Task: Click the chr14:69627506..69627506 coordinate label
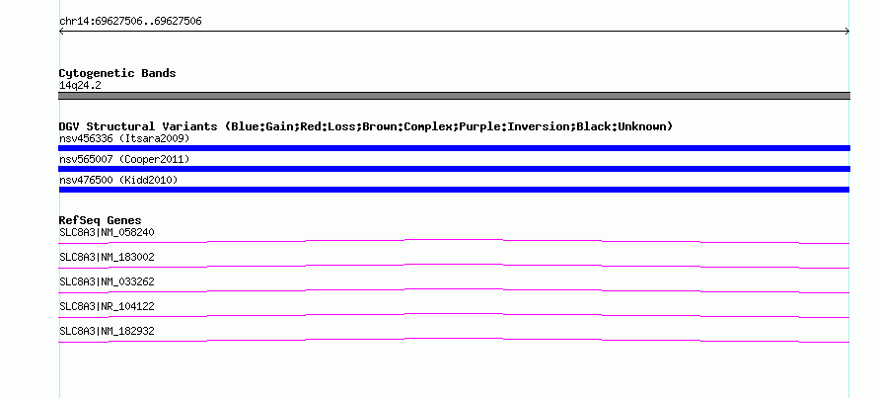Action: click(130, 22)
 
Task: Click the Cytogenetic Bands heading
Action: click(117, 73)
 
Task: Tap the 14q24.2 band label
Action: click(80, 86)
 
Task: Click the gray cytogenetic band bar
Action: click(454, 96)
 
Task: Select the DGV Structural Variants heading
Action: click(366, 126)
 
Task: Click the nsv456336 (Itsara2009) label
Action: click(124, 138)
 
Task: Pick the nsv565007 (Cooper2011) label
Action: click(124, 160)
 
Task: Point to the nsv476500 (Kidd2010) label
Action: click(118, 180)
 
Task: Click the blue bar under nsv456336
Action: click(454, 148)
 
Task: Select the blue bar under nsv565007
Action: click(454, 169)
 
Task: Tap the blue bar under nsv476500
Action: click(454, 190)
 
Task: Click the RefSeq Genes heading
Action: click(101, 220)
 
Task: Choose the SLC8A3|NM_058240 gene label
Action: click(107, 233)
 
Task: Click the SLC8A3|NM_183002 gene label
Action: click(107, 258)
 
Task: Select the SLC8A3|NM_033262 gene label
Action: click(107, 282)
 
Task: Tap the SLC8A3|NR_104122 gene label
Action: click(107, 306)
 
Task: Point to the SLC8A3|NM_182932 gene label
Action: click(107, 331)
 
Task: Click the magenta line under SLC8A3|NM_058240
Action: click(454, 240)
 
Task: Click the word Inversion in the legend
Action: click(538, 126)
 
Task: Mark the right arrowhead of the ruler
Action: click(847, 32)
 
